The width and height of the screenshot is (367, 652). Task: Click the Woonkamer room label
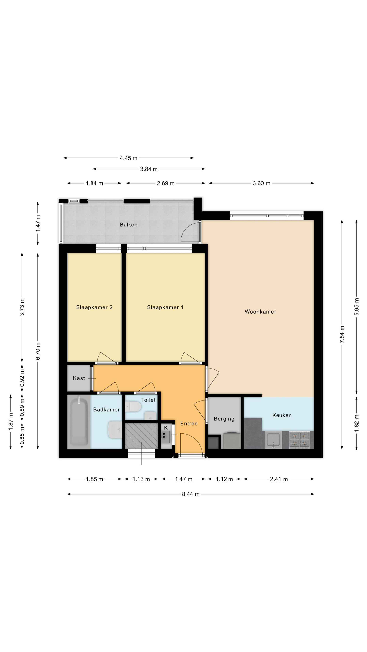260,312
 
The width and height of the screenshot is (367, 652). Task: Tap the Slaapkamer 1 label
165,307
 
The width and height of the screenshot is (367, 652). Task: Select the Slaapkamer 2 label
94,307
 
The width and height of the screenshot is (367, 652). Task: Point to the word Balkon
128,224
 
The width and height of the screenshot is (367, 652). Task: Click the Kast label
79,378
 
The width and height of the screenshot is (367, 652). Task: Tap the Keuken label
282,415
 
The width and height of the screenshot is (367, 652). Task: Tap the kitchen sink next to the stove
273,440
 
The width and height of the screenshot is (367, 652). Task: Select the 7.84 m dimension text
342,334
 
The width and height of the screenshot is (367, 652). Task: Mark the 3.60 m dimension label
261,183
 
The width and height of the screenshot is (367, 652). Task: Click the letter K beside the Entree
166,428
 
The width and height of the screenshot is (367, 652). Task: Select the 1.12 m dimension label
224,479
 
